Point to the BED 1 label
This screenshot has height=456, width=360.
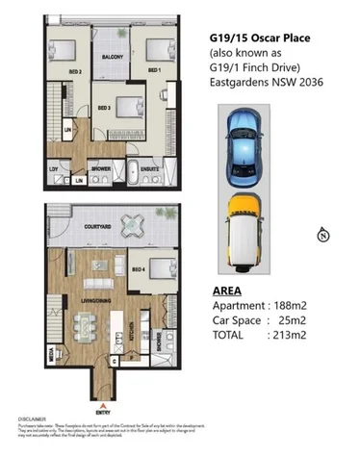[152, 71]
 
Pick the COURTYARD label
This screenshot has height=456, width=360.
[100, 226]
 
